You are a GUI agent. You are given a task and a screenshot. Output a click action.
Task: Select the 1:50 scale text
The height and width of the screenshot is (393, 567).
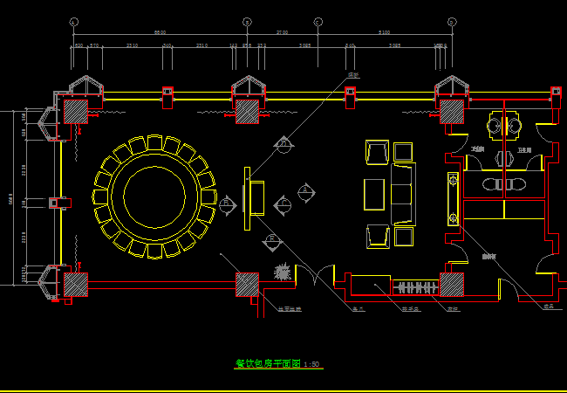pyautogui.click(x=312, y=364)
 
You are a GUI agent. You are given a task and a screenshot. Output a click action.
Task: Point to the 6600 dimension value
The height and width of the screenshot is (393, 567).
pyautogui.click(x=160, y=32)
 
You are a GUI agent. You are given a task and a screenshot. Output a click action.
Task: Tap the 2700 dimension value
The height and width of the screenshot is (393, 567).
pyautogui.click(x=282, y=32)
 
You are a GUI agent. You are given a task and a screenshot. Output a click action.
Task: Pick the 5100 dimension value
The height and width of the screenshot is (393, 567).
pyautogui.click(x=384, y=32)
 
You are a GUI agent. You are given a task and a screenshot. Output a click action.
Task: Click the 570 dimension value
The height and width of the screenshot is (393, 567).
pyautogui.click(x=94, y=45)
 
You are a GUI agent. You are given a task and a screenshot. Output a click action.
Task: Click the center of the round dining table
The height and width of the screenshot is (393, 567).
pyautogui.click(x=154, y=196)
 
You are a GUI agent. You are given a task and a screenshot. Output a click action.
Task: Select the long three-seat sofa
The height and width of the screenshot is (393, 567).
pyautogui.click(x=403, y=194)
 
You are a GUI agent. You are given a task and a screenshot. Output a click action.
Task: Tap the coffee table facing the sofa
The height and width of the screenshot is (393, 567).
pyautogui.click(x=374, y=194)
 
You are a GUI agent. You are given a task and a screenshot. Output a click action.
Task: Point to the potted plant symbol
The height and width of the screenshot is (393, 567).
pyautogui.click(x=282, y=272)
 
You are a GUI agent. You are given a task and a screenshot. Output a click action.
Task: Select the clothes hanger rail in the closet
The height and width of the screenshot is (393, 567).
pyautogui.click(x=416, y=286)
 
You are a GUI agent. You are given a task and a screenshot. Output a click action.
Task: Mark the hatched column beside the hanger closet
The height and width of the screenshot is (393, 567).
pyautogui.click(x=451, y=285)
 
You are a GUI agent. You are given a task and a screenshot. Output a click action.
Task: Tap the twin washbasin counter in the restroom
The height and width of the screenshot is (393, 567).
pyautogui.click(x=504, y=184)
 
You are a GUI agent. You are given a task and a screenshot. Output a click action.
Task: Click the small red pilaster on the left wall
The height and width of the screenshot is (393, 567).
pyautogui.click(x=54, y=203)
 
